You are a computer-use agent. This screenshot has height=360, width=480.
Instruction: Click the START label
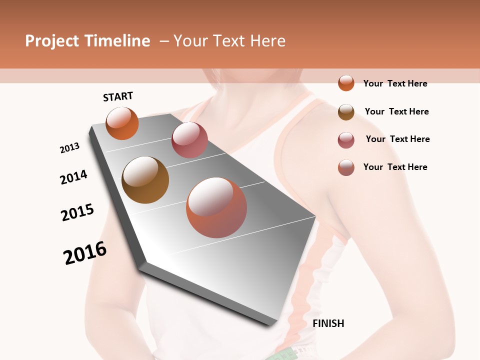[118, 96]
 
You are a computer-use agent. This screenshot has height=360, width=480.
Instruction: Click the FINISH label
[328, 323]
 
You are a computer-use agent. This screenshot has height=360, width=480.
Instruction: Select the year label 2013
[69, 148]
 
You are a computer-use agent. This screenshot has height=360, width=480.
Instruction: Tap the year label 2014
[73, 177]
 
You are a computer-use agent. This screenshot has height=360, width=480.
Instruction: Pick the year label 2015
[77, 212]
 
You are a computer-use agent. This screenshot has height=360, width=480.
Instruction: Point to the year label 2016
[85, 253]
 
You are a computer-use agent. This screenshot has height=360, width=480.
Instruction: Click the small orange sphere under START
[122, 123]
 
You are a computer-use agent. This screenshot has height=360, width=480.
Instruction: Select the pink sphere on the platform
[189, 140]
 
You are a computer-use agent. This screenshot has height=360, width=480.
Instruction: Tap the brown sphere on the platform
[145, 180]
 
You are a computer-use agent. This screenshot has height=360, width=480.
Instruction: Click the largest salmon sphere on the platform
[216, 207]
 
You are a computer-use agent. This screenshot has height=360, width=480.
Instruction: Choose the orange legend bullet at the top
[346, 83]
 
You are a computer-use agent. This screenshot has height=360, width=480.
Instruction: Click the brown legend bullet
[346, 111]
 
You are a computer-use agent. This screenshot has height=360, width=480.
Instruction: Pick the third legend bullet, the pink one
[346, 140]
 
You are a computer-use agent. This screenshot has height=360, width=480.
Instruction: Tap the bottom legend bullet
[346, 167]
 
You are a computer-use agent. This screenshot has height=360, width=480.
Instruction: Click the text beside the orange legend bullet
[395, 83]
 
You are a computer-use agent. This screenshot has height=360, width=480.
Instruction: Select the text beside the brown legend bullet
[396, 111]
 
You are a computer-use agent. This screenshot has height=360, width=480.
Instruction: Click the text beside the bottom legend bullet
[395, 167]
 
